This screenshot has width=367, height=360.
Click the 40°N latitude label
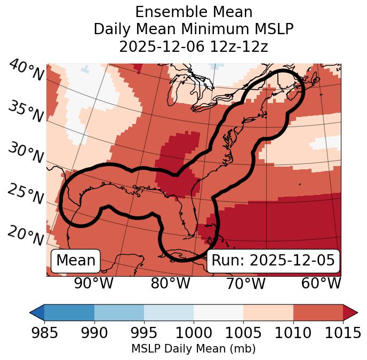pyautogui.click(x=26, y=71)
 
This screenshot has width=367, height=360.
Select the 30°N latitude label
pyautogui.click(x=26, y=154)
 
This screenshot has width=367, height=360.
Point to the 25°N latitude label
pyautogui.click(x=26, y=195)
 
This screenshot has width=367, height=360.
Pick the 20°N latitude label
pyautogui.click(x=26, y=235)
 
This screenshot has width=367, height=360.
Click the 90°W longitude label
pyautogui.click(x=94, y=284)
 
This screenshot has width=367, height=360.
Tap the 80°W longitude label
pyautogui.click(x=170, y=284)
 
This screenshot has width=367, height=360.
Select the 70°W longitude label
pyautogui.click(x=245, y=284)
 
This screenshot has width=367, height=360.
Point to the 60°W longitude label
pyautogui.click(x=321, y=284)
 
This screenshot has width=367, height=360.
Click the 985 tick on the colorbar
pyautogui.click(x=44, y=333)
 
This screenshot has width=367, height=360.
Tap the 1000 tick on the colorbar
pyautogui.click(x=194, y=333)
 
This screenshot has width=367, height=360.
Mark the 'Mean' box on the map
pyautogui.click(x=76, y=261)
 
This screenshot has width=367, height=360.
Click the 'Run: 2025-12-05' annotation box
pyautogui.click(x=273, y=261)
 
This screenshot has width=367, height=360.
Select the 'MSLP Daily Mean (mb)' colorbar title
pyautogui.click(x=193, y=349)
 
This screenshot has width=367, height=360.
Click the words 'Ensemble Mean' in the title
pyautogui.click(x=194, y=12)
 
